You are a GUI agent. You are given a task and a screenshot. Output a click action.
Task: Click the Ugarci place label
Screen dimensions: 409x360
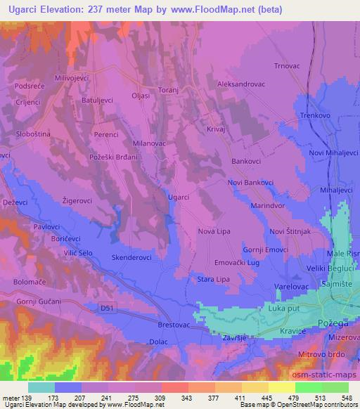tap(179, 197)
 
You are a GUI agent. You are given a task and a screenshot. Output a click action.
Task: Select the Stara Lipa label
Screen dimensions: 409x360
tap(212, 279)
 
